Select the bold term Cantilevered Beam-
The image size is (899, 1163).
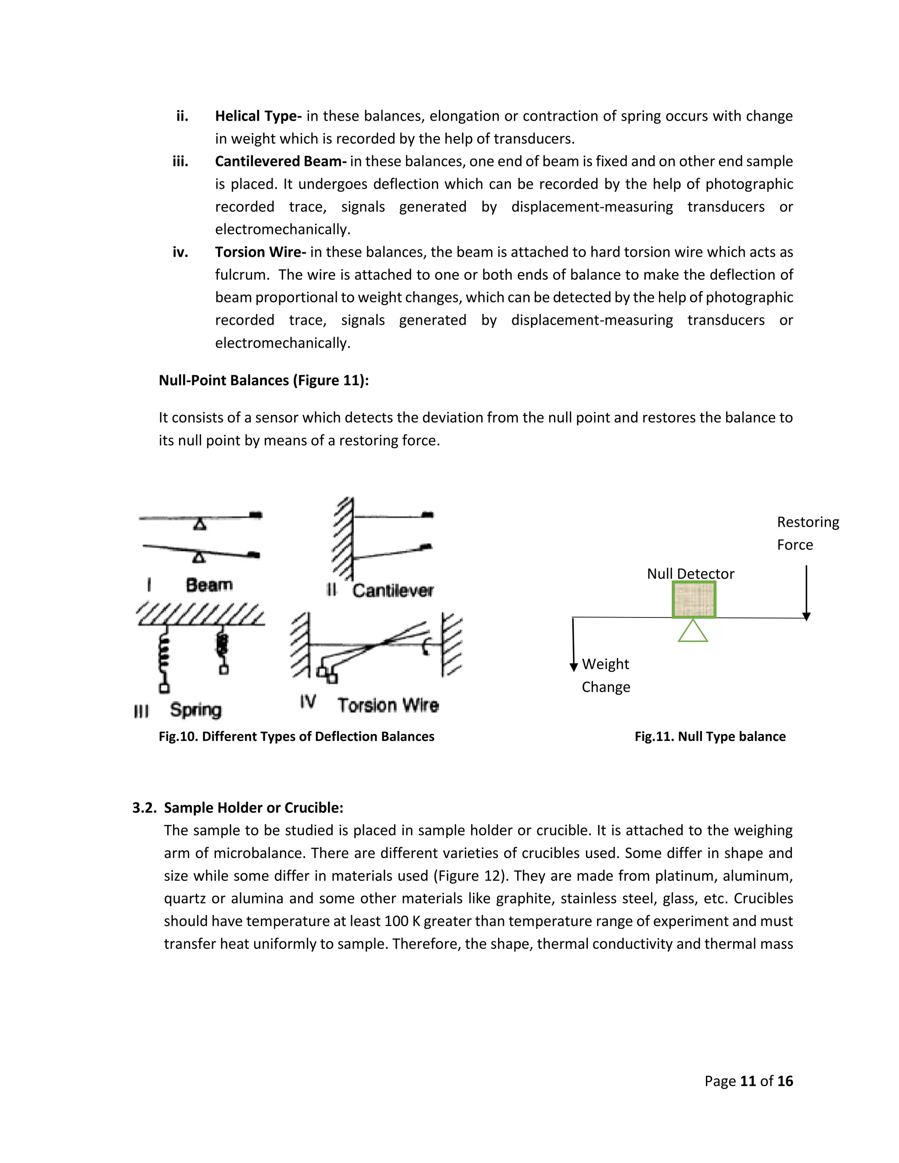coord(280,162)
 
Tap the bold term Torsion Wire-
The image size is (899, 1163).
coord(260,252)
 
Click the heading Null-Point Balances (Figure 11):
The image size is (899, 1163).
coord(264,380)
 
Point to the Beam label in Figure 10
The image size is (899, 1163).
coord(209,585)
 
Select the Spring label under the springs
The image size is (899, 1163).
coord(195,710)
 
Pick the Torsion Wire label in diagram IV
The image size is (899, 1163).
coord(388,706)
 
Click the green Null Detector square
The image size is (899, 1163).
coord(694,599)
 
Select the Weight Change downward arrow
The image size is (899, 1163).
coord(574,644)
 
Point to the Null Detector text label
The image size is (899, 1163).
coord(690,574)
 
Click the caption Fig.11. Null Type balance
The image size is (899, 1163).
coord(710,736)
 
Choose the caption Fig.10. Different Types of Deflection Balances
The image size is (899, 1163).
coord(296,736)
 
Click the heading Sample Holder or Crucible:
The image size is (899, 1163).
coord(254,808)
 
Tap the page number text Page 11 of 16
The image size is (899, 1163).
coord(748,1081)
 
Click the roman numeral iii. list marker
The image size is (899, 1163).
coord(180,162)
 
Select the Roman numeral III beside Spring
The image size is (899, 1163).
coord(141,711)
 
